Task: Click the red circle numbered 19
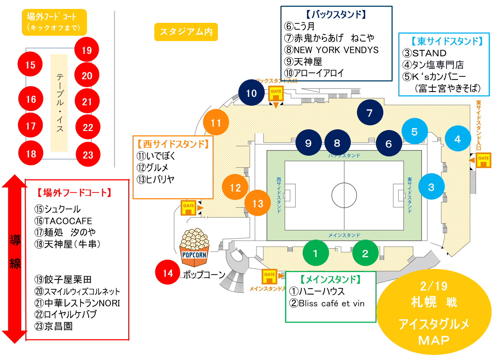[86, 50]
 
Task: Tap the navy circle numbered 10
[252, 93]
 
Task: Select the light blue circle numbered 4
[458, 139]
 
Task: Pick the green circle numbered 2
[365, 253]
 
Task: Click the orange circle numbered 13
[258, 203]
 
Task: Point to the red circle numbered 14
[168, 273]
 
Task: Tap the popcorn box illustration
[194, 248]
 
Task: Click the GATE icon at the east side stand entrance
[483, 160]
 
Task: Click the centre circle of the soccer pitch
[344, 195]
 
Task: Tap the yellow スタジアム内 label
[186, 32]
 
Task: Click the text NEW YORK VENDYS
[336, 50]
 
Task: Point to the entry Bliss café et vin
[327, 304]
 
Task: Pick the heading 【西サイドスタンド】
[173, 144]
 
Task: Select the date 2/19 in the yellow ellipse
[434, 286]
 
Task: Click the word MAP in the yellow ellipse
[434, 340]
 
